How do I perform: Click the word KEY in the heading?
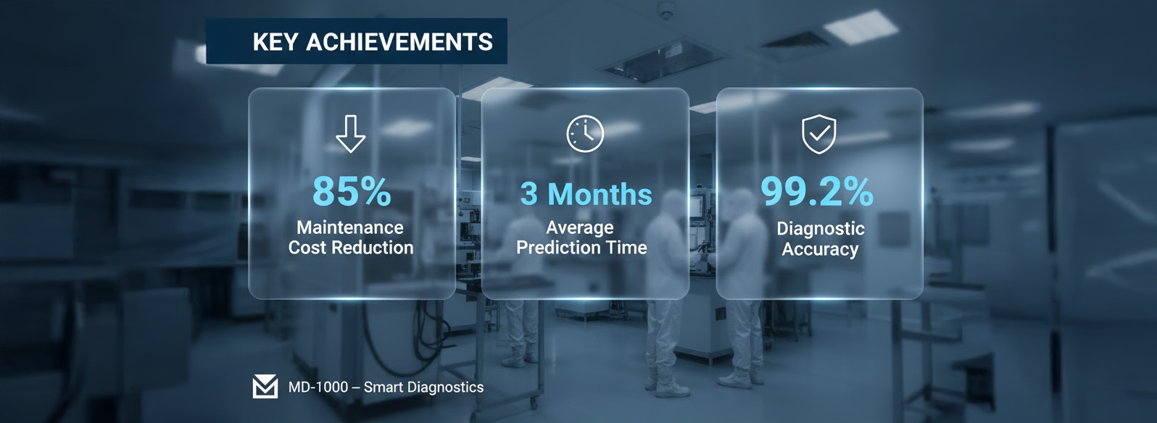pyautogui.click(x=275, y=42)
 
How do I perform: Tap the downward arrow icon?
pyautogui.click(x=351, y=133)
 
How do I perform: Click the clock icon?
pyautogui.click(x=585, y=133)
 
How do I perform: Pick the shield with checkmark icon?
pyautogui.click(x=819, y=135)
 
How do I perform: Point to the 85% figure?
pyautogui.click(x=352, y=192)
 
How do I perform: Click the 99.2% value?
pyautogui.click(x=817, y=192)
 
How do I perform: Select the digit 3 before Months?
pyautogui.click(x=529, y=194)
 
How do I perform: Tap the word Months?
pyautogui.click(x=600, y=194)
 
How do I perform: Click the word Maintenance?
pyautogui.click(x=350, y=227)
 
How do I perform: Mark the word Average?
pyautogui.click(x=580, y=227)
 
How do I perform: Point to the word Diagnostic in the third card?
pyautogui.click(x=821, y=229)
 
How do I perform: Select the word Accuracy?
pyautogui.click(x=820, y=249)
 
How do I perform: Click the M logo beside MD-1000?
pyautogui.click(x=265, y=387)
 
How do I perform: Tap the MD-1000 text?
pyautogui.click(x=318, y=388)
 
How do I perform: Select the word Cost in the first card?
pyautogui.click(x=307, y=248)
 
